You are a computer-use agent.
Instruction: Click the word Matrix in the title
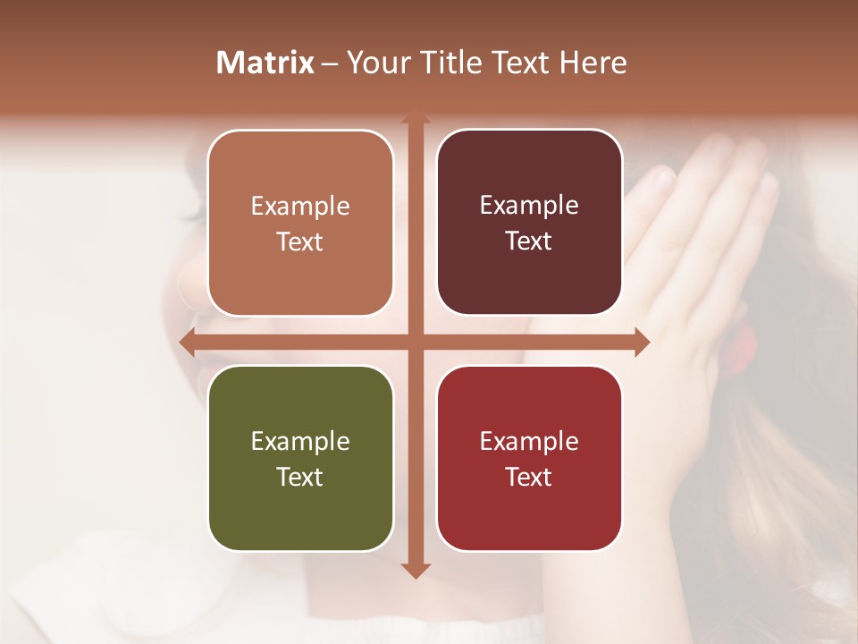pyautogui.click(x=265, y=63)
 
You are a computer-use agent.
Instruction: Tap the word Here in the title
pyautogui.click(x=593, y=63)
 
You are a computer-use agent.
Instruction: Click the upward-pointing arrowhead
pyautogui.click(x=416, y=117)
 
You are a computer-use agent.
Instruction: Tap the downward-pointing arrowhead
pyautogui.click(x=416, y=570)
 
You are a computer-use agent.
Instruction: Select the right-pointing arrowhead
pyautogui.click(x=642, y=342)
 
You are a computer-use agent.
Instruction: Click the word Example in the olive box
pyautogui.click(x=300, y=442)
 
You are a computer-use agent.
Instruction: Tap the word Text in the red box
pyautogui.click(x=529, y=477)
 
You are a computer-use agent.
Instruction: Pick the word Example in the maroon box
pyautogui.click(x=529, y=206)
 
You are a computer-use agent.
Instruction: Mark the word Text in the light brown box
pyautogui.click(x=300, y=241)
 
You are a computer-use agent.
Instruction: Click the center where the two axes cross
pyautogui.click(x=416, y=342)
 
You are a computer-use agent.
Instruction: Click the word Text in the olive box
pyautogui.click(x=300, y=477)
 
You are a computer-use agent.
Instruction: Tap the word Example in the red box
pyautogui.click(x=529, y=442)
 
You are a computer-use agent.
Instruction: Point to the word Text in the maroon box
pyautogui.click(x=529, y=241)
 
